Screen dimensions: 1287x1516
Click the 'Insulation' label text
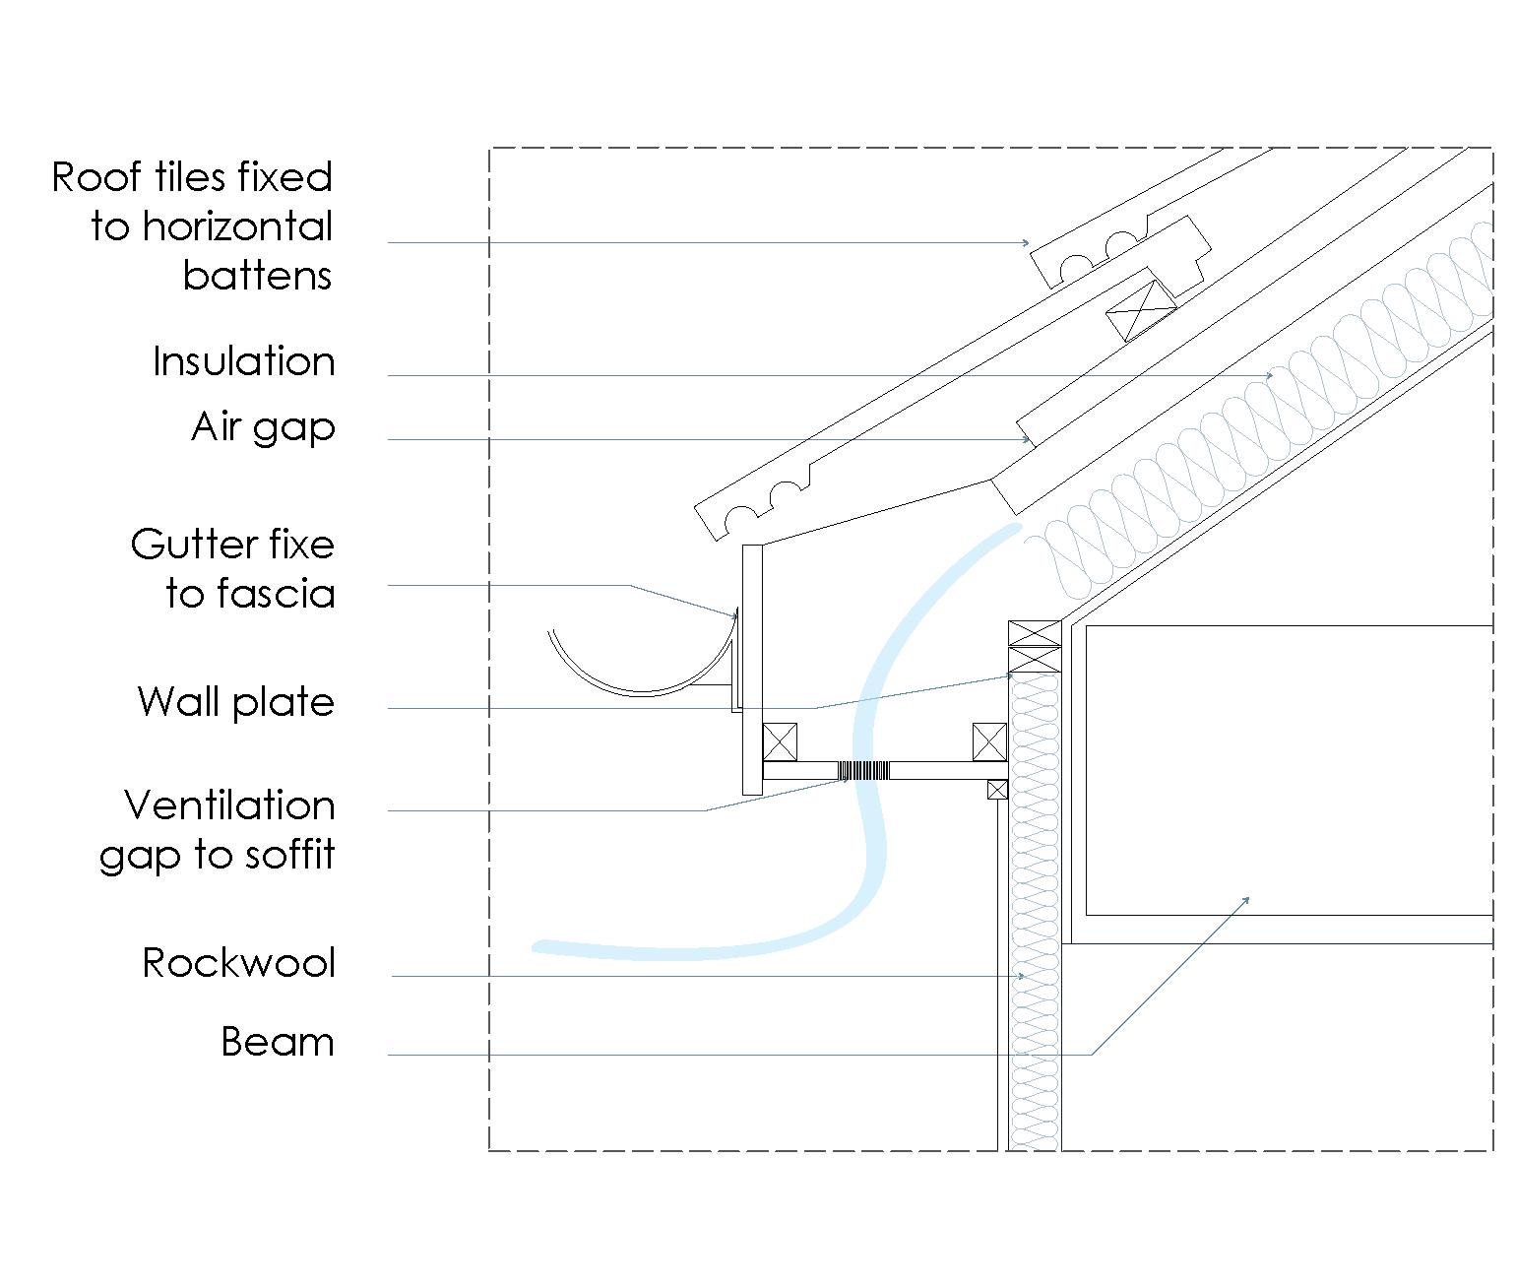[x=243, y=362]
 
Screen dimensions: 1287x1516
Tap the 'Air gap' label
[x=263, y=428]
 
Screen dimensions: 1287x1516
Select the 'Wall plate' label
[x=236, y=702]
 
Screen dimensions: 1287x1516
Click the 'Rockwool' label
[x=238, y=963]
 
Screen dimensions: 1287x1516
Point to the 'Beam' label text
[x=277, y=1042]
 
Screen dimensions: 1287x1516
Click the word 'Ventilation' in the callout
[x=229, y=805]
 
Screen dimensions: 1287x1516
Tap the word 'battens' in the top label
[x=257, y=276]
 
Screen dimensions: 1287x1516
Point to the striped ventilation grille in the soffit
[x=864, y=770]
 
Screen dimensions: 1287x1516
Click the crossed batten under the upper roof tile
[x=1141, y=309]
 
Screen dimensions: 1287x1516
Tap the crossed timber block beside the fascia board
[x=780, y=741]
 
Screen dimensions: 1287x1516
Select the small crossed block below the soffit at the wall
[x=997, y=789]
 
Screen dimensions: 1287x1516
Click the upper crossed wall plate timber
[x=1034, y=633]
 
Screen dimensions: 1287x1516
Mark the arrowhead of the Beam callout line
[x=1248, y=898]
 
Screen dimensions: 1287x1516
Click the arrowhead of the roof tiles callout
[x=1027, y=242]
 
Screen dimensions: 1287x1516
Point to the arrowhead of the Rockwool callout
[x=1023, y=976]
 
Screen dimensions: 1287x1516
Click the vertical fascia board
[x=752, y=670]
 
